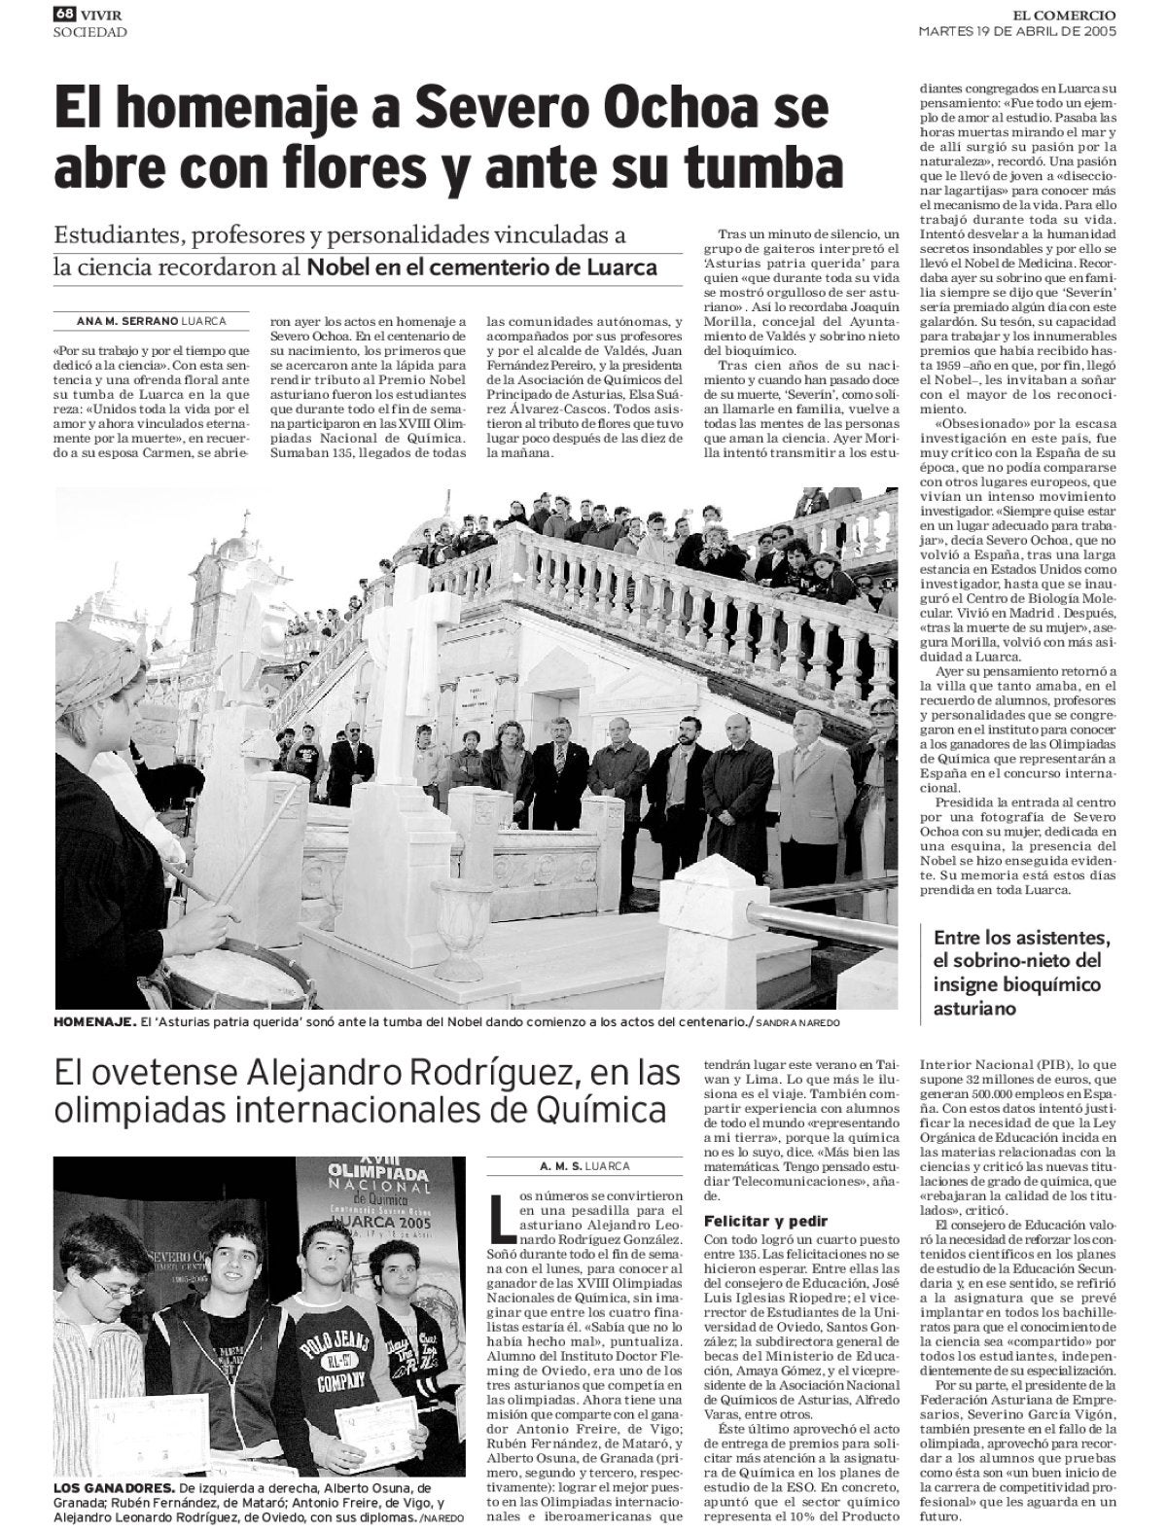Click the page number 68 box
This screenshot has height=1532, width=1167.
coord(64,13)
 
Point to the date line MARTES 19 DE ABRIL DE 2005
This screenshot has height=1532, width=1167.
coord(1016,30)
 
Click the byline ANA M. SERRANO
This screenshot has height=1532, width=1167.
coord(126,320)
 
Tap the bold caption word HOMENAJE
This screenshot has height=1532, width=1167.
coord(94,1022)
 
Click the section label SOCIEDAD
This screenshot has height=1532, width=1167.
coord(90,32)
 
